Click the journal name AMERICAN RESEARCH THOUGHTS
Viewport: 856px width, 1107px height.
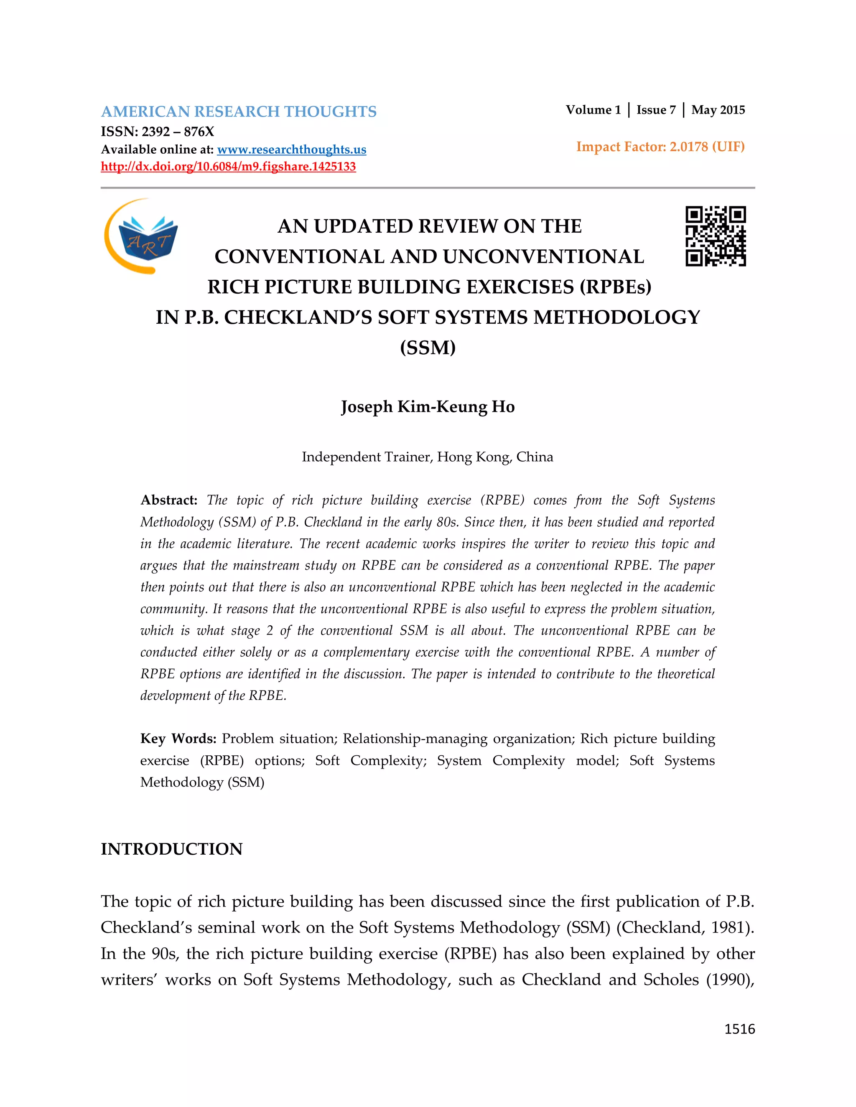click(x=238, y=112)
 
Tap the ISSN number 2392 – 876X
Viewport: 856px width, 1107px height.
click(x=178, y=132)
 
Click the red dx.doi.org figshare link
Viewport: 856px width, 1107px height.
click(x=228, y=167)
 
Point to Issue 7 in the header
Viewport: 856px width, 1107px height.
click(x=656, y=110)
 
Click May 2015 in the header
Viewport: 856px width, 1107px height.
click(x=718, y=110)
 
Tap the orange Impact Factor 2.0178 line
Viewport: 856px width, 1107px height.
click(x=660, y=147)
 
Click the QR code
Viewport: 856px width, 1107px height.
click(x=716, y=236)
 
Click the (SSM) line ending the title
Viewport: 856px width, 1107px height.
click(x=428, y=348)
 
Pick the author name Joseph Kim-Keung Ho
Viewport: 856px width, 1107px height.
click(x=428, y=406)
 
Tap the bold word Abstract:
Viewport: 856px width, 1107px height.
click(x=169, y=500)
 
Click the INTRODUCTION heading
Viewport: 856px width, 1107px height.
click(x=171, y=849)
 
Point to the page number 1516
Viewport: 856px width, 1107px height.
click(x=739, y=1029)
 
